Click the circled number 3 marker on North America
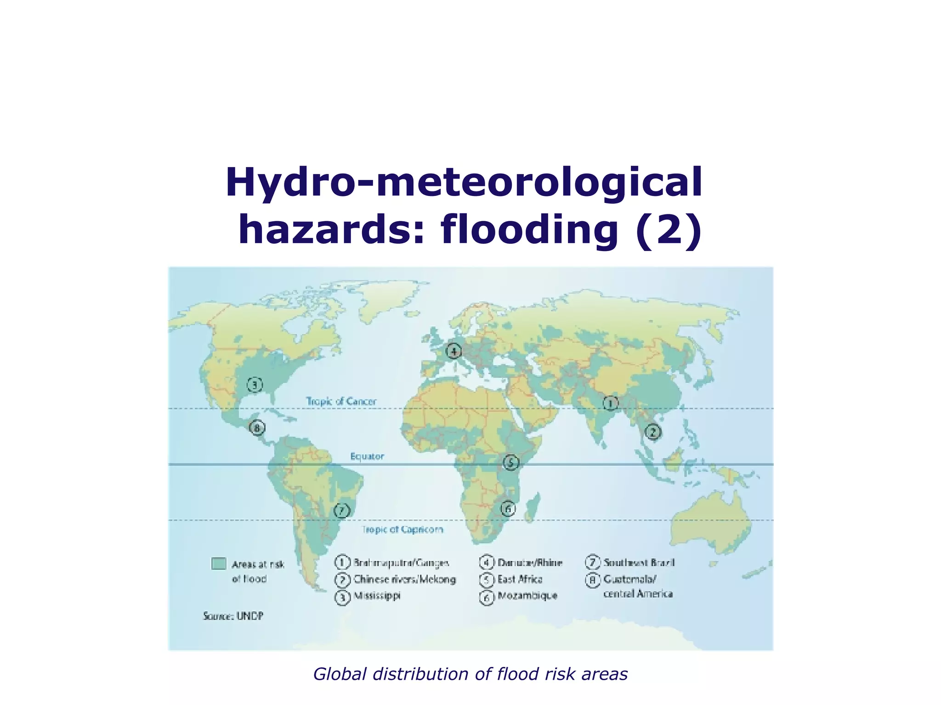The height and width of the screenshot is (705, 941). click(x=255, y=385)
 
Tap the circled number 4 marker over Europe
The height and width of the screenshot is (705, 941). click(x=454, y=352)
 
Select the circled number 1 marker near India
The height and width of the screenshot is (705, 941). click(x=611, y=403)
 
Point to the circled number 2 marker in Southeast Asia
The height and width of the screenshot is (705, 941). click(x=652, y=432)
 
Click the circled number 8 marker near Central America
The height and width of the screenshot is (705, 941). click(x=257, y=428)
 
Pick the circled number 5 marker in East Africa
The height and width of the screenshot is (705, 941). click(x=510, y=462)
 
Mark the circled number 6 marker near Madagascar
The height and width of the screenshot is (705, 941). click(x=508, y=509)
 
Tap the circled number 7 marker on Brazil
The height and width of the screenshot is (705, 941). click(x=341, y=510)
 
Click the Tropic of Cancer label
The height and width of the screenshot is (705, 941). click(x=341, y=402)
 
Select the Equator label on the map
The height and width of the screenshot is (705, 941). click(x=367, y=456)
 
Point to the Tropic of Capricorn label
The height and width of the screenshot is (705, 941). click(x=402, y=530)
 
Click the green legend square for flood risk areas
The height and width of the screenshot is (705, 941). click(x=219, y=564)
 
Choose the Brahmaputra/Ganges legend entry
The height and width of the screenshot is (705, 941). click(x=401, y=563)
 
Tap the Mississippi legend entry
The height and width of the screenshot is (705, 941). click(x=377, y=596)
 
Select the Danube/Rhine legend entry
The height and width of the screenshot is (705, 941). click(x=530, y=563)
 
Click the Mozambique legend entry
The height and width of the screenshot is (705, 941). click(x=527, y=596)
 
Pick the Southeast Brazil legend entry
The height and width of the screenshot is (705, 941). click(x=639, y=563)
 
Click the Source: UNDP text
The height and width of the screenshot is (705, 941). click(x=233, y=616)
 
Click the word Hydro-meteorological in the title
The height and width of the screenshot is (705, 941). click(x=464, y=183)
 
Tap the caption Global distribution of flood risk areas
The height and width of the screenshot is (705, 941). click(x=470, y=674)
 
